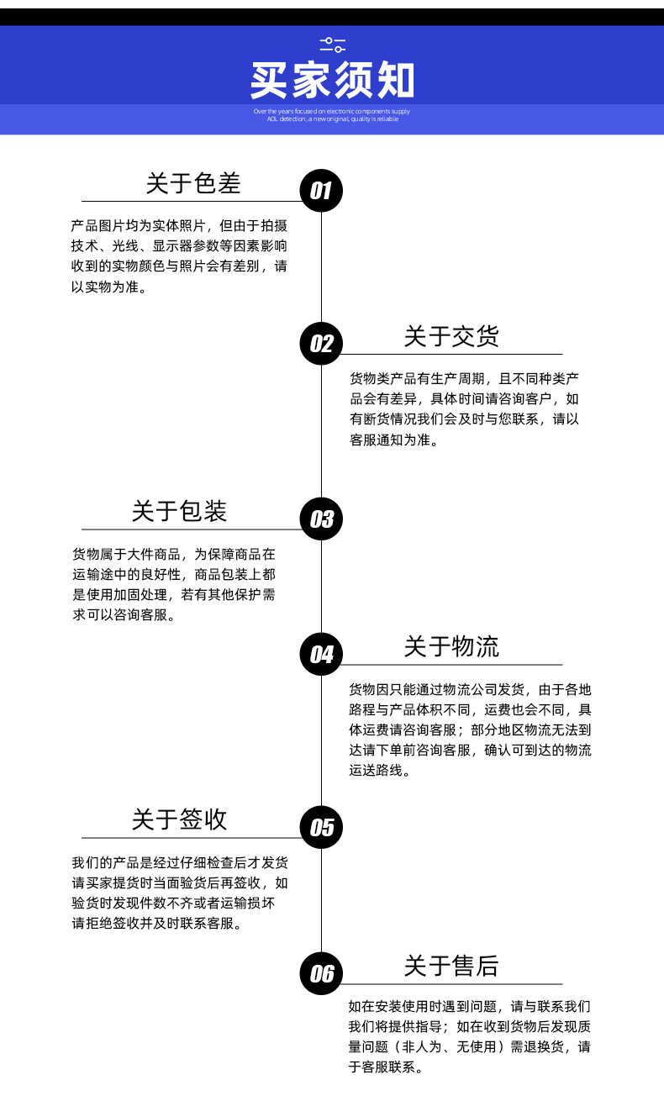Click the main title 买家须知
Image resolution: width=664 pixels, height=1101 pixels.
pyautogui.click(x=332, y=82)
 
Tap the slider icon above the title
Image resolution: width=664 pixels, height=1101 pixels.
pyautogui.click(x=332, y=45)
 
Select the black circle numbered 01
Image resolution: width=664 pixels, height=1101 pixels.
pyautogui.click(x=321, y=190)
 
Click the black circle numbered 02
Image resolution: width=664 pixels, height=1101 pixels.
pyautogui.click(x=321, y=343)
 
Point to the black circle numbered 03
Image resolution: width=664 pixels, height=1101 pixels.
pyautogui.click(x=321, y=519)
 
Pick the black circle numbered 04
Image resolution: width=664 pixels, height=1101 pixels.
pyautogui.click(x=321, y=654)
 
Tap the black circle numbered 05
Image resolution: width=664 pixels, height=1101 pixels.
pyautogui.click(x=321, y=827)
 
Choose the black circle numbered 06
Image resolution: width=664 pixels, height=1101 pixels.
pyautogui.click(x=321, y=973)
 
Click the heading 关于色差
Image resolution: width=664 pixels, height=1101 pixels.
pyautogui.click(x=192, y=183)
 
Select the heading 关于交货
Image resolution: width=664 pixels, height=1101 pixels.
pyautogui.click(x=451, y=336)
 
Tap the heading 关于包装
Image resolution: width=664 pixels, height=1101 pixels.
pyautogui.click(x=179, y=510)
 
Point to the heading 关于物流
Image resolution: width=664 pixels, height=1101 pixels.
pyautogui.click(x=451, y=646)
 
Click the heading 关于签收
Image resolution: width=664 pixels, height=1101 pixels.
pyautogui.click(x=179, y=819)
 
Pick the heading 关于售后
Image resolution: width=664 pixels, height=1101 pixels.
pyautogui.click(x=451, y=966)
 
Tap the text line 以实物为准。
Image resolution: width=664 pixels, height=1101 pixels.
pyautogui.click(x=110, y=287)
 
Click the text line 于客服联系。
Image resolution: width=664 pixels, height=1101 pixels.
pyautogui.click(x=386, y=1068)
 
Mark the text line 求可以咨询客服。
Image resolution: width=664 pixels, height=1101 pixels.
pyautogui.click(x=124, y=615)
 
